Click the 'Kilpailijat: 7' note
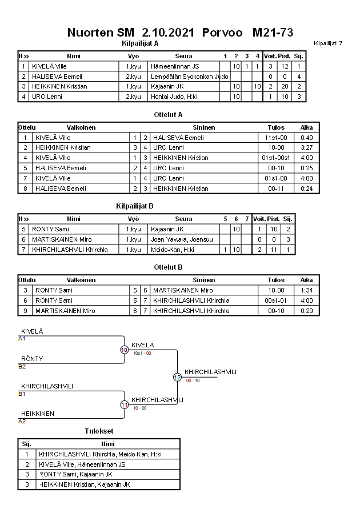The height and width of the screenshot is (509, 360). click(x=328, y=43)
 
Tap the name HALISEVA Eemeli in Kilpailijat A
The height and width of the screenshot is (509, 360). click(x=57, y=77)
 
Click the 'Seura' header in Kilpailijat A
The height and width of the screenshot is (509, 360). click(x=183, y=57)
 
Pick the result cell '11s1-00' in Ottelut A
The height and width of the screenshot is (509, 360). click(x=276, y=138)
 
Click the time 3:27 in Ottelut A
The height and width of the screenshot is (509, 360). click(x=307, y=147)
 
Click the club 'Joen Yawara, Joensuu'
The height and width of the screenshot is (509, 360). click(x=178, y=239)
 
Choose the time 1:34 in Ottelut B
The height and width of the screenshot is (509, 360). click(x=307, y=290)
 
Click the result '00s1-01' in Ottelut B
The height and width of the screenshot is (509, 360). click(x=276, y=300)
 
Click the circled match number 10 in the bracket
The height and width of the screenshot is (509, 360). click(x=124, y=350)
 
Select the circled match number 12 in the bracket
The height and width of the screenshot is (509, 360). click(x=177, y=377)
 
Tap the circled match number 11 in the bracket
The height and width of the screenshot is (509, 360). click(x=124, y=404)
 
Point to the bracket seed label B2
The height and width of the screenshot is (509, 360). click(x=22, y=366)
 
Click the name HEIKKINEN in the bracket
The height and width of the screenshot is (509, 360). click(x=38, y=414)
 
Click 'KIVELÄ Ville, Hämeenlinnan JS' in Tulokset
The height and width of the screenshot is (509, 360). click(x=82, y=464)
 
